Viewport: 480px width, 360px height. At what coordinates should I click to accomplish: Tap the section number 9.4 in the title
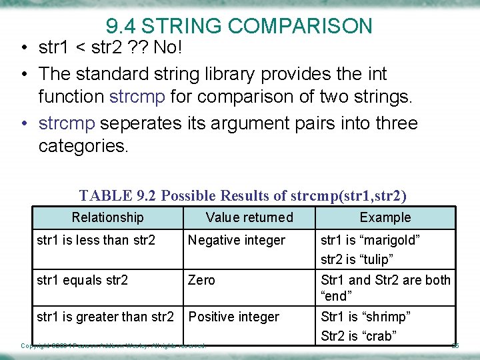coord(121,26)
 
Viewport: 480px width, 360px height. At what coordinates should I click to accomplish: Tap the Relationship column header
coord(107,217)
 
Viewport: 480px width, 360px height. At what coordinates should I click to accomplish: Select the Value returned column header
coord(249,217)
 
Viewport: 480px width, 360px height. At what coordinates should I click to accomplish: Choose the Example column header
coord(385,217)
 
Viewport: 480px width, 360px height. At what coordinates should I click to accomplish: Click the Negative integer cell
coord(237,240)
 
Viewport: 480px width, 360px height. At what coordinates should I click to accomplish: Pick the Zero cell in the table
coord(201,280)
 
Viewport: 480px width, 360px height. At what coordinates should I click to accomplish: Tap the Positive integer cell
coord(234,317)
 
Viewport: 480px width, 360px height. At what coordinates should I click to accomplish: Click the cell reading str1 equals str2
coord(82,280)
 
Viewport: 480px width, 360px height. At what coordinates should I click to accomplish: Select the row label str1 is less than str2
coord(95,240)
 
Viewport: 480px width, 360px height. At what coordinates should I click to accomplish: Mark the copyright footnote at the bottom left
coord(113,345)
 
